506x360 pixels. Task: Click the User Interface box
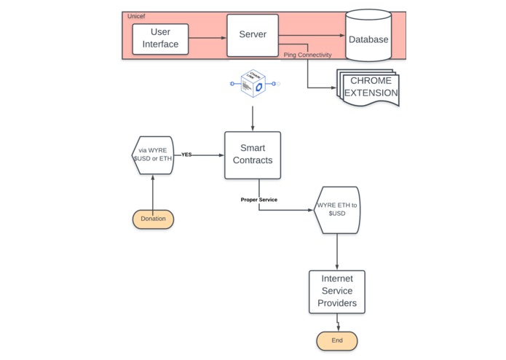coord(160,39)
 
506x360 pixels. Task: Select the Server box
coord(253,34)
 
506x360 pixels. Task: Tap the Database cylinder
coord(368,37)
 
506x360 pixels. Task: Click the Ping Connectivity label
coord(307,55)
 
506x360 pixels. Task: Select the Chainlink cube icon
coord(253,85)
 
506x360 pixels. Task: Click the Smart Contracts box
coord(252,154)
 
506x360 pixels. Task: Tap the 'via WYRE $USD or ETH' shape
coord(152,154)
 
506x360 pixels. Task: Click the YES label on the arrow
coord(186,154)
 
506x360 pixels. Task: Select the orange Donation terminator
coord(153,219)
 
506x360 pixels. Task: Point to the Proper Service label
coord(258,200)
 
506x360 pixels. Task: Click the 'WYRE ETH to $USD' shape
coord(337,210)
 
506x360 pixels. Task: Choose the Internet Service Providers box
coord(336,291)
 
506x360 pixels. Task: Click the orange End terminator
coord(336,340)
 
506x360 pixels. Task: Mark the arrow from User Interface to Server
coord(207,38)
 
